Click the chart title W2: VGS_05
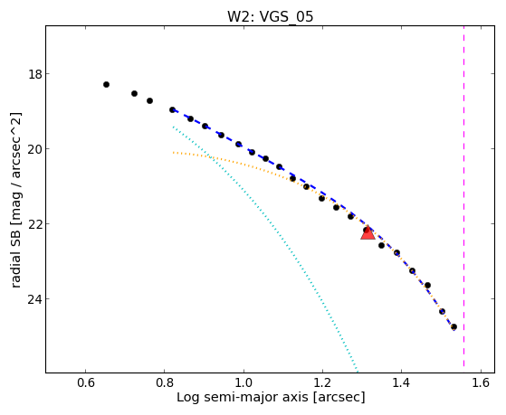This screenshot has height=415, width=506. point(270,16)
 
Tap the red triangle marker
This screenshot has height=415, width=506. point(368,232)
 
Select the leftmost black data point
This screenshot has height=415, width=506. point(106,84)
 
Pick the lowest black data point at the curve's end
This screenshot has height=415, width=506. point(453,327)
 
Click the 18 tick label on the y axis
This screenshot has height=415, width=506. point(34,74)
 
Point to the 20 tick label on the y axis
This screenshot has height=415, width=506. point(34,149)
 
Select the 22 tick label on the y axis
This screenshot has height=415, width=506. point(34,224)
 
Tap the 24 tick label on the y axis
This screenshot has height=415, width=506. point(34,299)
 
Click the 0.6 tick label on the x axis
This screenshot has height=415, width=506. point(85,382)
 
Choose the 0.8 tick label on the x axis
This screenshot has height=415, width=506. point(165,382)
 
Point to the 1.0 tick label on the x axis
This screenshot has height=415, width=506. point(243,382)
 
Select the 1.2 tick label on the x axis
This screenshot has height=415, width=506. point(322,382)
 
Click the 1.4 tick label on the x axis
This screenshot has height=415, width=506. point(401,382)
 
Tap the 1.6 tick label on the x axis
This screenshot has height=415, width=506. point(481,382)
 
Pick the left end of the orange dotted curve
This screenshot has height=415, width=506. point(173,152)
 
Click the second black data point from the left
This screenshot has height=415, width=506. point(134,93)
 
